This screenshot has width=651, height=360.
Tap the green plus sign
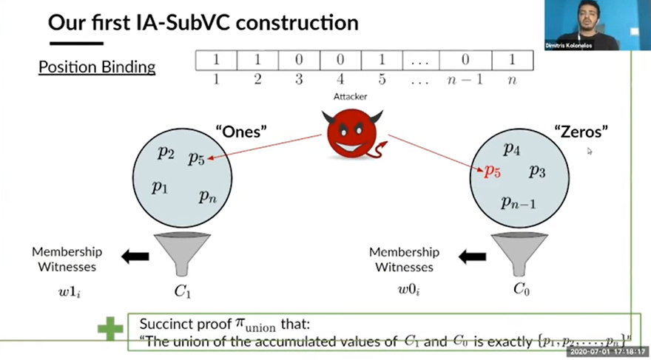[x=110, y=329]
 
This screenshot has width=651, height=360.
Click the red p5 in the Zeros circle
[x=493, y=172]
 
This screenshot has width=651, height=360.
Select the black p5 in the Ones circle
[x=196, y=157]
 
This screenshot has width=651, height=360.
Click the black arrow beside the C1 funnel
[x=135, y=257]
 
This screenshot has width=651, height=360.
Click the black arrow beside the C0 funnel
[x=473, y=257]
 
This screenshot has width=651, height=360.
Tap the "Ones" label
[x=241, y=132]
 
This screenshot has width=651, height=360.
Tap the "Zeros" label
[x=581, y=132]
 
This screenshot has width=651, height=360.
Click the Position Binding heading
[x=97, y=67]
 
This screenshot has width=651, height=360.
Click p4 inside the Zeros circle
[x=512, y=149]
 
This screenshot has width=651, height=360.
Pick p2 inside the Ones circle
[x=166, y=152]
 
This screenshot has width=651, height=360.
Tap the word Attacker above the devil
[x=351, y=97]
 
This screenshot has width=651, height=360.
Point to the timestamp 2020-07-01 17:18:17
[x=605, y=353]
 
